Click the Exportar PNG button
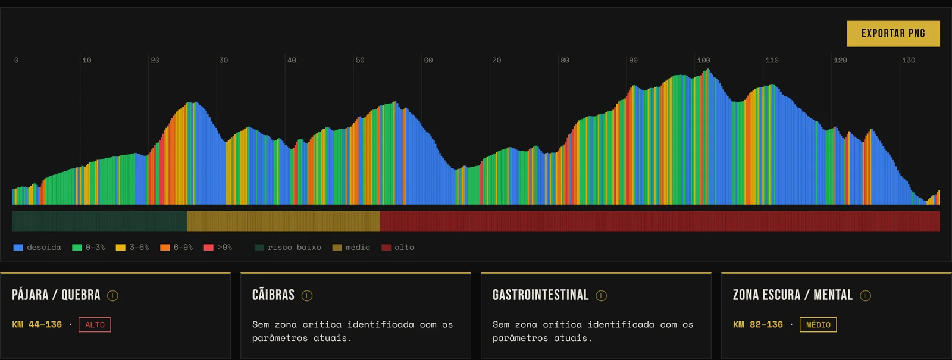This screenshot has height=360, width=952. pyautogui.click(x=893, y=33)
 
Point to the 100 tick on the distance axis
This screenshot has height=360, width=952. pyautogui.click(x=703, y=60)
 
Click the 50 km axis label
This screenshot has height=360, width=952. pyautogui.click(x=360, y=60)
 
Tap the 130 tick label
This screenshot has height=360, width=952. pyautogui.click(x=908, y=60)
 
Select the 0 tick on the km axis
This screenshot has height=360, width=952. pyautogui.click(x=16, y=60)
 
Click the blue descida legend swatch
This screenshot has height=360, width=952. pyautogui.click(x=18, y=248)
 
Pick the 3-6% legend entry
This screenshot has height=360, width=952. pyautogui.click(x=132, y=248)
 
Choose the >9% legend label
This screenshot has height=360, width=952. pyautogui.click(x=225, y=248)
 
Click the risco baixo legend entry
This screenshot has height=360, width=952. pyautogui.click(x=288, y=248)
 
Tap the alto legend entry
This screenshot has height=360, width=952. pyautogui.click(x=398, y=248)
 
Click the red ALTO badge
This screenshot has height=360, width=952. pyautogui.click(x=95, y=325)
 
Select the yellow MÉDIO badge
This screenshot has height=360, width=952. pyautogui.click(x=818, y=325)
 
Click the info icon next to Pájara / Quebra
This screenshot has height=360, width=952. pyautogui.click(x=112, y=295)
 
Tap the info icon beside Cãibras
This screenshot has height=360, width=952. pyautogui.click(x=307, y=295)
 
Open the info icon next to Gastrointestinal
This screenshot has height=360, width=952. pyautogui.click(x=602, y=295)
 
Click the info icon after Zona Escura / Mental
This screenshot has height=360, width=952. pyautogui.click(x=865, y=295)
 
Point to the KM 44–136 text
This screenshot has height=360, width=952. pyautogui.click(x=37, y=325)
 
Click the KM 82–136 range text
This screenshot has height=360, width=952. pyautogui.click(x=758, y=325)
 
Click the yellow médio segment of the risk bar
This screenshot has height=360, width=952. pyautogui.click(x=283, y=221)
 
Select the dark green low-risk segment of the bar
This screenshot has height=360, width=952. pyautogui.click(x=99, y=221)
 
